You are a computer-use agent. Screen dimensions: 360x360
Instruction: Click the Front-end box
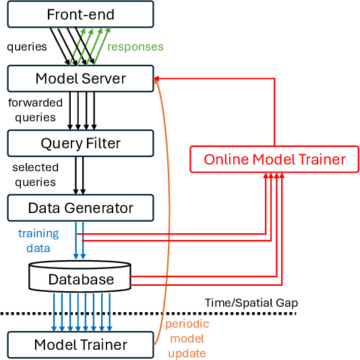tap(80, 13)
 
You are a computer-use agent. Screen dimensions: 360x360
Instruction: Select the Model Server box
tap(80, 79)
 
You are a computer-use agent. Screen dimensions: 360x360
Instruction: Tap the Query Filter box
tap(80, 143)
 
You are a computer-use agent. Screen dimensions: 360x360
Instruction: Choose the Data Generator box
tap(80, 208)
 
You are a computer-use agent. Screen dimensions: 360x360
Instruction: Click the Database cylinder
tap(80, 278)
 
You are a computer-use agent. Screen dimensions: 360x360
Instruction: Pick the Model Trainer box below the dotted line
tap(80, 344)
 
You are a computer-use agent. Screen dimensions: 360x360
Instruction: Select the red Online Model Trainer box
tap(274, 160)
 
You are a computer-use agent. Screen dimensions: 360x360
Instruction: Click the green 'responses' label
tap(136, 47)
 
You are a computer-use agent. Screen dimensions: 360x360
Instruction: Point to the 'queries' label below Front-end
tap(27, 47)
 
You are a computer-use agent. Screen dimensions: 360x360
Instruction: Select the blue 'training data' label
tap(38, 241)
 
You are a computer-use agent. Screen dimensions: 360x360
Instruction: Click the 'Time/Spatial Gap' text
tap(251, 303)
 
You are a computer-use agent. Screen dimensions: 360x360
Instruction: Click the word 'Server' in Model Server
tap(103, 79)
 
